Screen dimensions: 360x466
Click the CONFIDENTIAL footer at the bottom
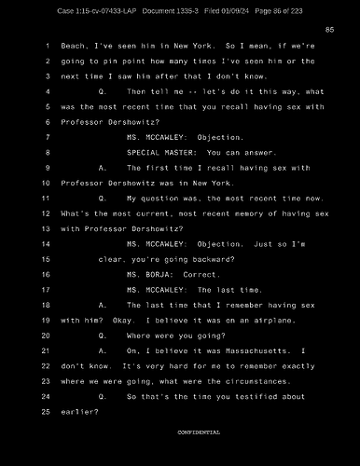pyautogui.click(x=199, y=433)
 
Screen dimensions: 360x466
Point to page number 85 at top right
pyautogui.click(x=329, y=31)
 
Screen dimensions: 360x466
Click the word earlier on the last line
pyautogui.click(x=78, y=412)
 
